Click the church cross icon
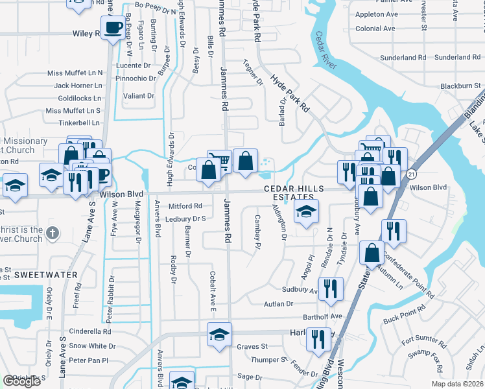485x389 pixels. pos(53,232)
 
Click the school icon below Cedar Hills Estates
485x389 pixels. pos(306,211)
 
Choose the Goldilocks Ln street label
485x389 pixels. pos(79,98)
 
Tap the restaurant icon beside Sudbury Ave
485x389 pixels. pos(331,288)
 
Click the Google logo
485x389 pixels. pos(22,381)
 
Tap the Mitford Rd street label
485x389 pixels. pos(185,206)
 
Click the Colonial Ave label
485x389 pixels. pos(375,29)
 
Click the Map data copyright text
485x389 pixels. pos(456,384)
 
